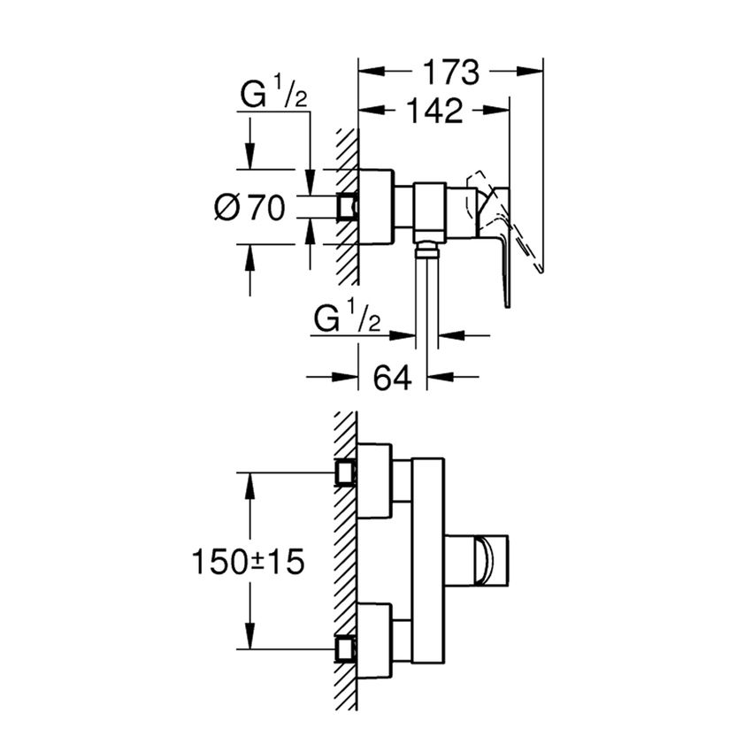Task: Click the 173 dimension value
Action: click(x=449, y=72)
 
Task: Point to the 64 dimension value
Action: click(x=393, y=378)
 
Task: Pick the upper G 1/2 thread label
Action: click(x=273, y=96)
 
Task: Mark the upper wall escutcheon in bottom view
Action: click(x=373, y=481)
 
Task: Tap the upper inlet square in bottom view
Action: click(x=346, y=474)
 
